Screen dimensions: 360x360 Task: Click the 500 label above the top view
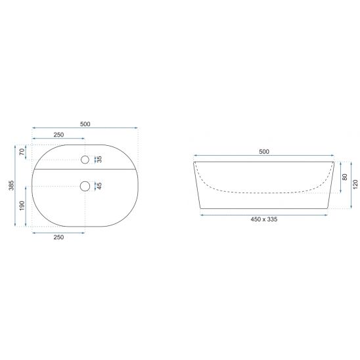click(85, 124)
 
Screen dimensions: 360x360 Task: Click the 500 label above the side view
click(264, 152)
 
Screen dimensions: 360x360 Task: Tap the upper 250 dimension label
click(58, 135)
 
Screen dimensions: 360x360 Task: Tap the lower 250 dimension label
click(58, 237)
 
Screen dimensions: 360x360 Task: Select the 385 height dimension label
click(11, 185)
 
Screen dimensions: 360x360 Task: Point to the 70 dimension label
click(22, 152)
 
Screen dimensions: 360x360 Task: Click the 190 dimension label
click(22, 206)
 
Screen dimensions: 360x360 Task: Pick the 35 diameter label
click(100, 159)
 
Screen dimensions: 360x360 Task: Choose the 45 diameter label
click(100, 186)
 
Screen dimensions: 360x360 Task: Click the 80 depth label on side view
click(345, 177)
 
